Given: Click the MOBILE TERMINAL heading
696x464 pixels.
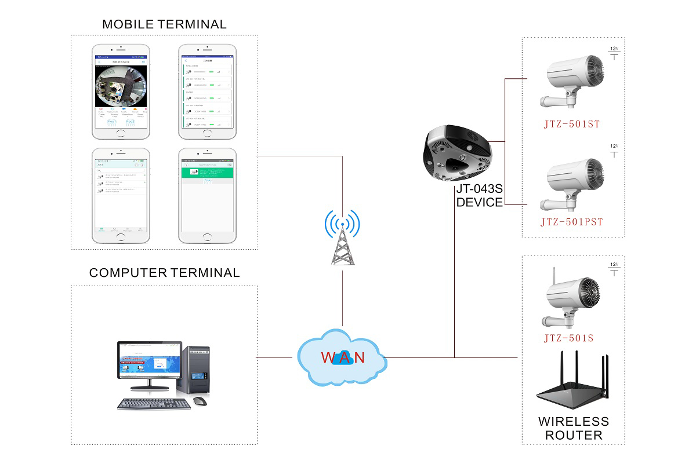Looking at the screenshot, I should click(164, 24).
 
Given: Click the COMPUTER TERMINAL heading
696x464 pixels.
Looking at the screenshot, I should click(164, 273).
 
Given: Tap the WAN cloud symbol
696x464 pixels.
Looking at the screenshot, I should click(342, 357).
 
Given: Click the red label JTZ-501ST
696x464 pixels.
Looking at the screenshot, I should click(572, 123).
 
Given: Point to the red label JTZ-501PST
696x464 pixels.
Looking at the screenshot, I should click(572, 222).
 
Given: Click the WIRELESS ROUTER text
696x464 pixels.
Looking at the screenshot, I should click(573, 428).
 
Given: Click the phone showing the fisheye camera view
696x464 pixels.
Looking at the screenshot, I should click(121, 92).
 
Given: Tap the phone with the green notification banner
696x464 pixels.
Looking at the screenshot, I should click(208, 195).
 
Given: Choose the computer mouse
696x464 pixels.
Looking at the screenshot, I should click(200, 400).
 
